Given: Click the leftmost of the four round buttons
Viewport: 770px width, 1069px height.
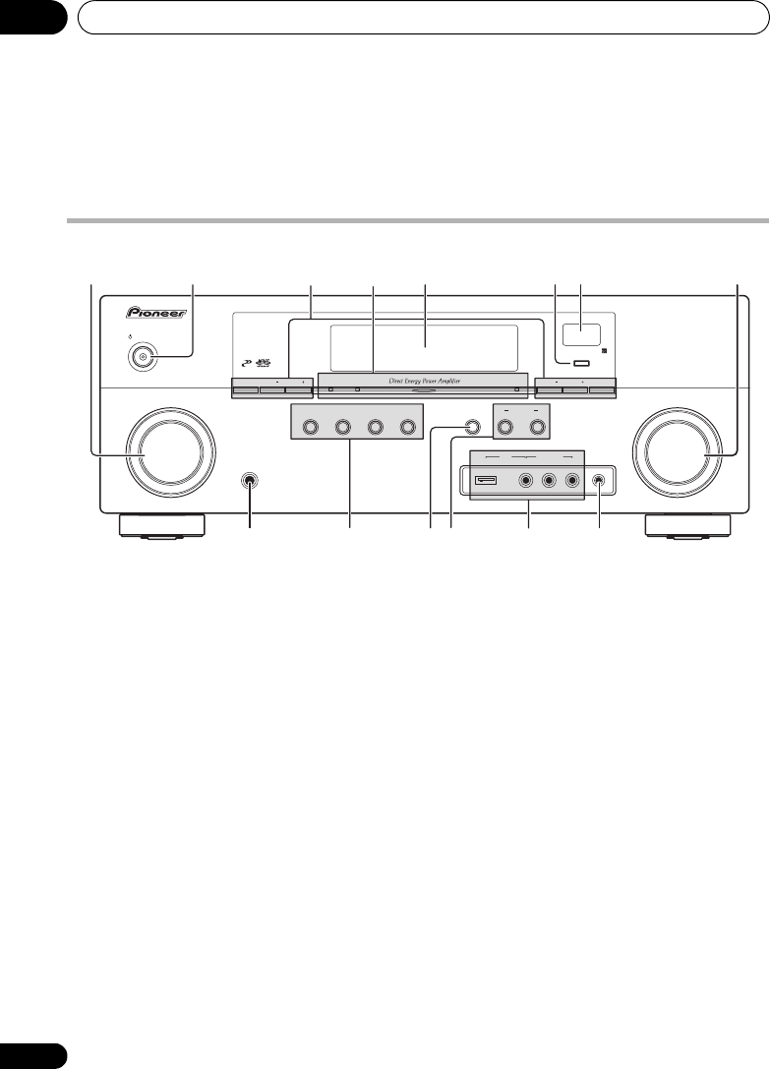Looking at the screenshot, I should (x=312, y=428).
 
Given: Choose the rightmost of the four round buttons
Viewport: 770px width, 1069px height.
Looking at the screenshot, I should (x=404, y=428).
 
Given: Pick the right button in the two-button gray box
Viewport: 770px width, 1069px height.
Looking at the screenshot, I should (x=537, y=428).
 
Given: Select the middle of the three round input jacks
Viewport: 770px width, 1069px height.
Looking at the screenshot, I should (x=549, y=481).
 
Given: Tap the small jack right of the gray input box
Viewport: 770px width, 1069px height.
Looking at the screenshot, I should (x=600, y=481).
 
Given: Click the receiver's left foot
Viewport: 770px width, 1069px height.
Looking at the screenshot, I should (x=161, y=526).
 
